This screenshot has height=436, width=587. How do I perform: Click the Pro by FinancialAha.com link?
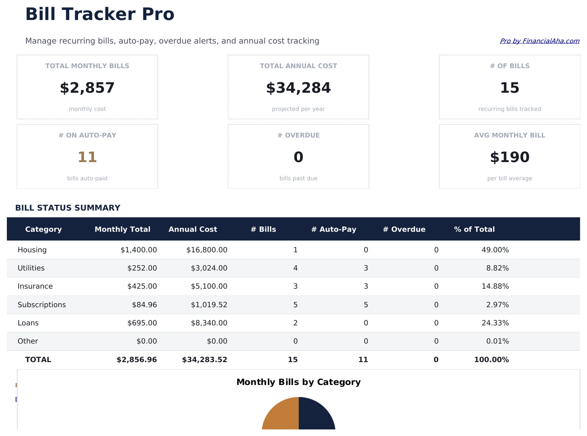tap(539, 41)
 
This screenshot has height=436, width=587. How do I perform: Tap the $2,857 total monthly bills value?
tap(87, 88)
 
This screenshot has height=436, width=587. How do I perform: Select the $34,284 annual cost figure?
tap(298, 88)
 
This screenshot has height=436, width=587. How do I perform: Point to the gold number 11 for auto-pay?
tap(87, 157)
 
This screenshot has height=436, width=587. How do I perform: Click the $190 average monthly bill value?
tap(509, 157)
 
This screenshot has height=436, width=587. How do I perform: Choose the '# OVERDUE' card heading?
tap(298, 135)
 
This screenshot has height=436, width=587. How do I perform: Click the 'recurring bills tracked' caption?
tap(509, 109)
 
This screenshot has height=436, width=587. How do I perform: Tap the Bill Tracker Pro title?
tap(100, 14)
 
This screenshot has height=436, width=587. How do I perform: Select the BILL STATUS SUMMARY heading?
tap(68, 208)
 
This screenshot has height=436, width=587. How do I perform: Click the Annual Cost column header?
tap(193, 229)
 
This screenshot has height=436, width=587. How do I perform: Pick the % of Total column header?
tap(474, 229)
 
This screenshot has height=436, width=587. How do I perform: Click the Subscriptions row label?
tap(42, 305)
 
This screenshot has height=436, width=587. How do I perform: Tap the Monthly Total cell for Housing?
tap(139, 250)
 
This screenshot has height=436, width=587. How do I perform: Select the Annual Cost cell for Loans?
tap(209, 323)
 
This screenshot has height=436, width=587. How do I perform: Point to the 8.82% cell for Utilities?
tap(497, 268)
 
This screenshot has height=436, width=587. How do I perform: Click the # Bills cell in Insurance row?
tap(295, 286)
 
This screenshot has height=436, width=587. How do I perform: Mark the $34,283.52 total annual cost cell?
tap(204, 359)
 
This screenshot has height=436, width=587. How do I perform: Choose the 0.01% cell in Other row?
tap(497, 341)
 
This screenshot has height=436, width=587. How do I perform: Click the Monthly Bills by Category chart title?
tap(298, 382)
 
